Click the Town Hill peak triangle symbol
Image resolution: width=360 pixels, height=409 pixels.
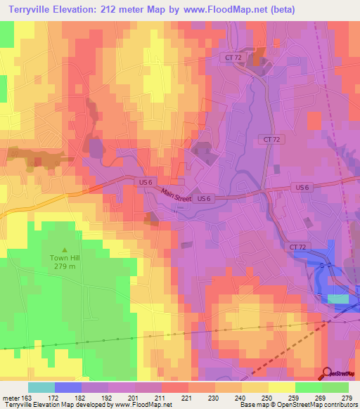pos(65,249)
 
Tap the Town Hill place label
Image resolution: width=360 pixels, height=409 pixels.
pos(65,257)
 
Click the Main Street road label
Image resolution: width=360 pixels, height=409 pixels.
pos(176,195)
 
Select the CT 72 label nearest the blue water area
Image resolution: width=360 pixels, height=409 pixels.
pos(297,247)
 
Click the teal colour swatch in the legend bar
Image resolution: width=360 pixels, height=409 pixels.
pos(41,387)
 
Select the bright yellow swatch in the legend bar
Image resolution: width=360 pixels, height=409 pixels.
pos(281,387)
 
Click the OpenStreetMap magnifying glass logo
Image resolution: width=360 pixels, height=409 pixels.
pos(327,373)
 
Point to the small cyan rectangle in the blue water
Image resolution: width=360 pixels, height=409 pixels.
pos(338,299)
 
